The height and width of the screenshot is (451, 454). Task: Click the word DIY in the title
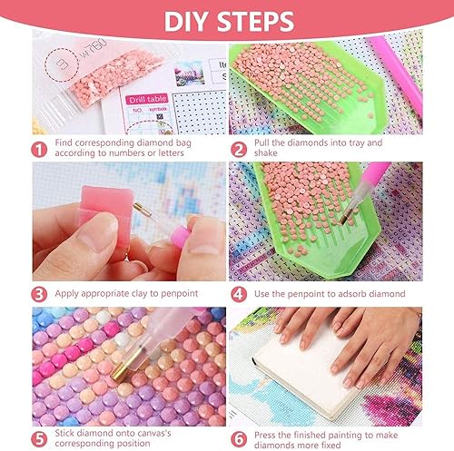(x=187, y=22)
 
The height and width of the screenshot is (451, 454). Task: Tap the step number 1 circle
(x=39, y=150)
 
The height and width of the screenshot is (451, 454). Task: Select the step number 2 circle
(x=239, y=150)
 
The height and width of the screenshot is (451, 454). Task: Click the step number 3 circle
(x=39, y=294)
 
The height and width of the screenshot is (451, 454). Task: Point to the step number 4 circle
(x=239, y=294)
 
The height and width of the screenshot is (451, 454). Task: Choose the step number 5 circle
(x=39, y=439)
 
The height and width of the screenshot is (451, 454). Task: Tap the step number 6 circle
(x=239, y=439)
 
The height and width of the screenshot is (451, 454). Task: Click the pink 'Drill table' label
(x=147, y=99)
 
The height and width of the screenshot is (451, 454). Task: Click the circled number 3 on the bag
(x=62, y=64)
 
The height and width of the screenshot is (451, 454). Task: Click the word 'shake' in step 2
(x=266, y=153)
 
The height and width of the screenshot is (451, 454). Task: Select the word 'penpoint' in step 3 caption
(x=180, y=294)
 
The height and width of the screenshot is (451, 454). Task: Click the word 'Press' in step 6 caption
(x=264, y=435)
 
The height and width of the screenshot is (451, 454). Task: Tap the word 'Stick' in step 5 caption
(x=64, y=433)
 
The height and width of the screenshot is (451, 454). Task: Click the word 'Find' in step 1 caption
(x=64, y=142)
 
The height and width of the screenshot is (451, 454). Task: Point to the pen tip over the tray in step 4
(x=344, y=220)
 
